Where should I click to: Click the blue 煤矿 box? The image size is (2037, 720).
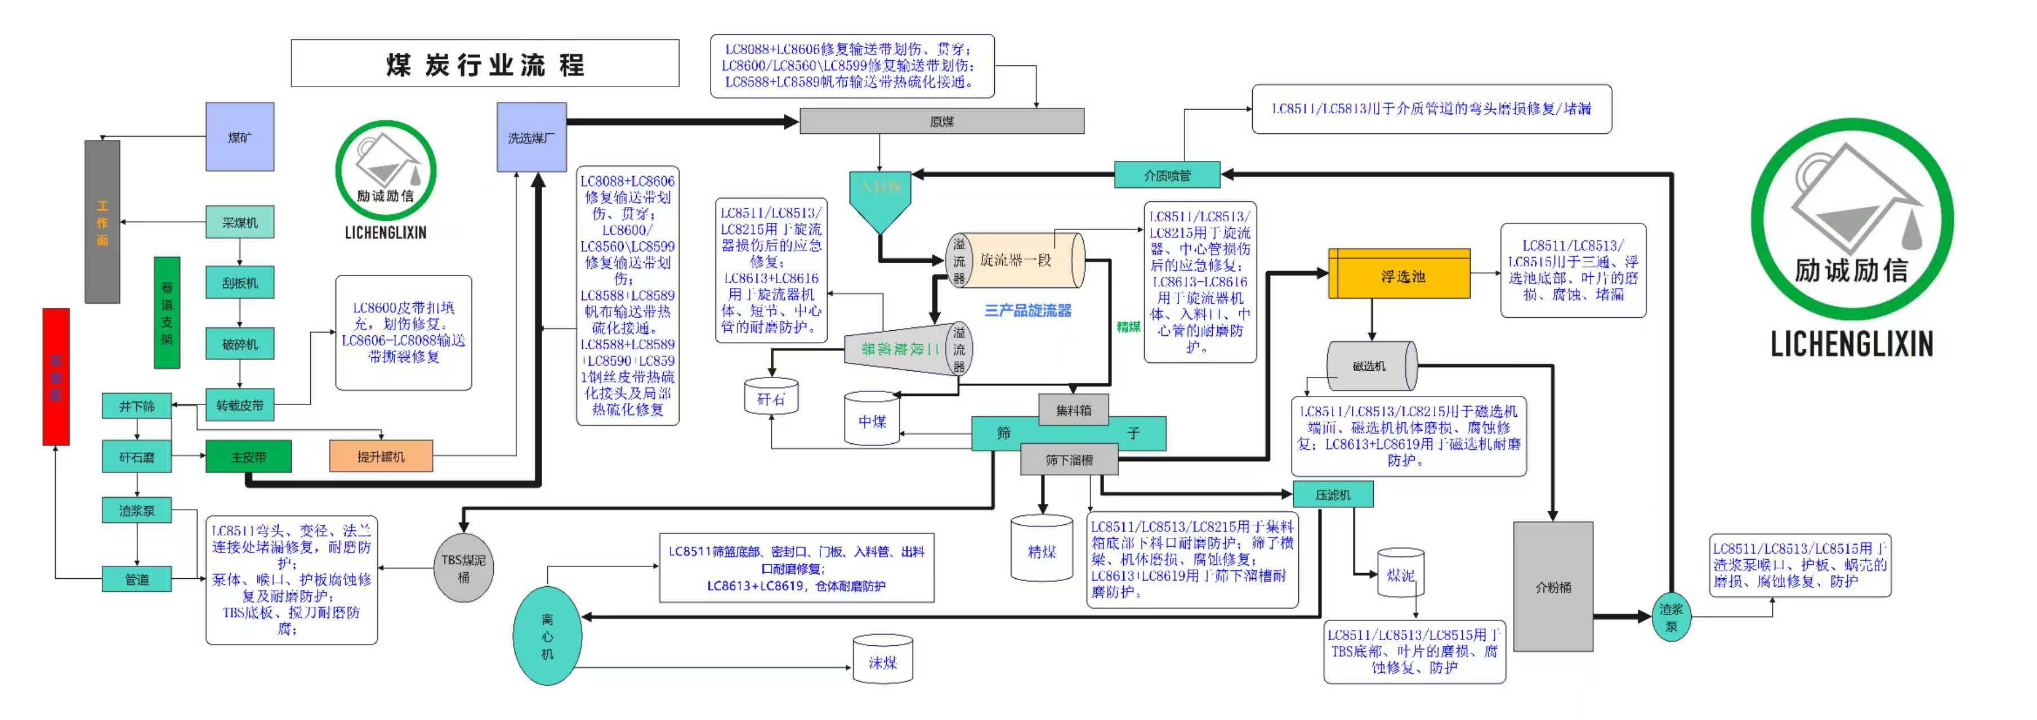pyautogui.click(x=240, y=137)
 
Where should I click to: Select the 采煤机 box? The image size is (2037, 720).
pyautogui.click(x=240, y=223)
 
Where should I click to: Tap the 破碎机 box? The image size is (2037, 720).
pyautogui.click(x=240, y=344)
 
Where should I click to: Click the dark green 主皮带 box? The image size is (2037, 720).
pyautogui.click(x=248, y=457)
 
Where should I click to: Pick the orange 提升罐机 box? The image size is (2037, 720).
pyautogui.click(x=381, y=456)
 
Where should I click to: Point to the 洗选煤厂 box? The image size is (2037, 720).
pyautogui.click(x=531, y=137)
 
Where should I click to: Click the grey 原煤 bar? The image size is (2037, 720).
pyautogui.click(x=941, y=121)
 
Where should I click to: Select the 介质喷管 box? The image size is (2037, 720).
pyautogui.click(x=1167, y=175)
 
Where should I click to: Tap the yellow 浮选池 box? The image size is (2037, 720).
pyautogui.click(x=1399, y=275)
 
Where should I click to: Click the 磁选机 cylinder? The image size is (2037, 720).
pyautogui.click(x=1371, y=366)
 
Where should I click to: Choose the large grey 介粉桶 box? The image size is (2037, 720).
pyautogui.click(x=1553, y=587)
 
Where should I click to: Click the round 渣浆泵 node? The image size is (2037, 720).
pyautogui.click(x=1672, y=617)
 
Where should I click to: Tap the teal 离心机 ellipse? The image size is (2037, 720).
pyautogui.click(x=547, y=636)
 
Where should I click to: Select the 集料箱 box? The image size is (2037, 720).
pyautogui.click(x=1073, y=410)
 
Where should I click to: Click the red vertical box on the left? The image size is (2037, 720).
pyautogui.click(x=55, y=376)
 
